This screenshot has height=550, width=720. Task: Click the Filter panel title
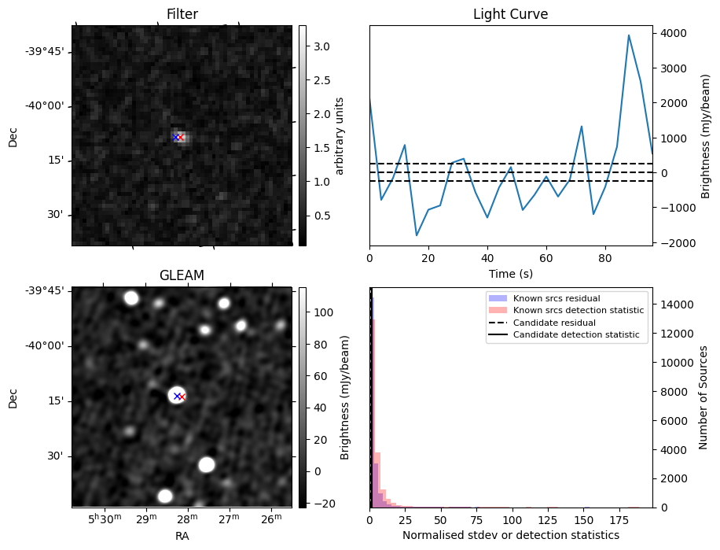(x=182, y=14)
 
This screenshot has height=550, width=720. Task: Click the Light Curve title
(x=510, y=14)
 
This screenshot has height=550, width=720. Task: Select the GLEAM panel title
(x=182, y=275)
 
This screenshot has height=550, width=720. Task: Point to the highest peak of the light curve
(x=629, y=35)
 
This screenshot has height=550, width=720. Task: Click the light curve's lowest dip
(x=417, y=235)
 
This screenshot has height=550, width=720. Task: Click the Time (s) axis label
(x=510, y=272)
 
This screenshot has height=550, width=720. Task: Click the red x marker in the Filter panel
(x=180, y=138)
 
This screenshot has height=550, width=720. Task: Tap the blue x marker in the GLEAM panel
(x=177, y=396)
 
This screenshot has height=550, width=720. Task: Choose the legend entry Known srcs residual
(x=556, y=298)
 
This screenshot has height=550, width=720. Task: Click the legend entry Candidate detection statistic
(x=578, y=335)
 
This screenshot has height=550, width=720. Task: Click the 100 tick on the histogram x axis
(x=512, y=520)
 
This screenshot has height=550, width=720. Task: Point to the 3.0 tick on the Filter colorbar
(x=321, y=46)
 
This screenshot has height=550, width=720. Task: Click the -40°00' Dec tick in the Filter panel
(x=46, y=106)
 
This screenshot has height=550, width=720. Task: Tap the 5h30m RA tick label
(x=104, y=520)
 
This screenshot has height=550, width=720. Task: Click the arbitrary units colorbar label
(x=340, y=135)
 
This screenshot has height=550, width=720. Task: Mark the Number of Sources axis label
(x=704, y=397)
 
